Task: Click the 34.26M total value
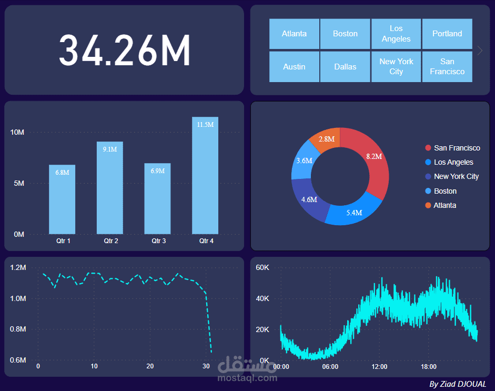124,50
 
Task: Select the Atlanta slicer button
294,34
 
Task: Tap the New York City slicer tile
396,66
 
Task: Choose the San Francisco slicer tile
447,66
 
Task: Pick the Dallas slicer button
345,67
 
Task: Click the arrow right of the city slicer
480,51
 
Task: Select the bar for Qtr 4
205,179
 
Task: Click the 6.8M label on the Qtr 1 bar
62,173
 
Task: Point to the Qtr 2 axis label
110,241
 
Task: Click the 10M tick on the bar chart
17,132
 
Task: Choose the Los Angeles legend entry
453,162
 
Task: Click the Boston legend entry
445,191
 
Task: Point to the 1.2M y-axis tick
18,268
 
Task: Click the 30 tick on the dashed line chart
206,366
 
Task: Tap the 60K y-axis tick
262,268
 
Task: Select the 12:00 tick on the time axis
379,366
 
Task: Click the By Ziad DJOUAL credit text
458,384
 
